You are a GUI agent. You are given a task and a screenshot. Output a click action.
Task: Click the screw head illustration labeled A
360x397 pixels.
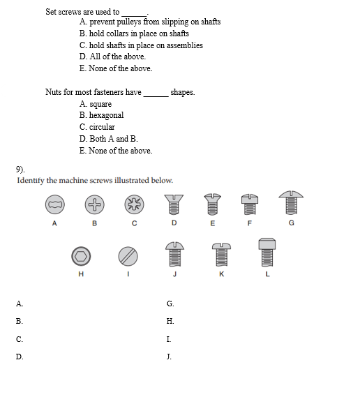coord(54,204)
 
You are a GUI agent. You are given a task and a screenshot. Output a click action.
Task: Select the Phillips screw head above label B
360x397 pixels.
coord(94,204)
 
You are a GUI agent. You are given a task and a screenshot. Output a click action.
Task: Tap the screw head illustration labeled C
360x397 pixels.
coord(134,204)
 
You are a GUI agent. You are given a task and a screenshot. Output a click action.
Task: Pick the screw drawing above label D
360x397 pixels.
coord(174,204)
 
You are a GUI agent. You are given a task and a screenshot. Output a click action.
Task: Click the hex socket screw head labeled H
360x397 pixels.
coord(81,256)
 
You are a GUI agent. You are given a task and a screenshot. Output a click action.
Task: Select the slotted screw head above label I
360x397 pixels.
coord(127,256)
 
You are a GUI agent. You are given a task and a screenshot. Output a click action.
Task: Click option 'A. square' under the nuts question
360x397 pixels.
coord(96,104)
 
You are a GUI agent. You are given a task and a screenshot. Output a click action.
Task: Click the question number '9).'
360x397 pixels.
coord(20,169)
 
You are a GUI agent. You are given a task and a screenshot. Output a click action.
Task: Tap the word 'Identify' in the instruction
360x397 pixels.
coord(31,180)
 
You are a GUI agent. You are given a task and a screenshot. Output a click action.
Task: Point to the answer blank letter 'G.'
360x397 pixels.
coord(170,304)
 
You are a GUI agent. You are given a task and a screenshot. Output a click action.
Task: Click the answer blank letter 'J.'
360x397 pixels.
coord(170,357)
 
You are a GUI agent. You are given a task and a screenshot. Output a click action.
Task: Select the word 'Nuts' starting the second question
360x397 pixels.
coord(54,92)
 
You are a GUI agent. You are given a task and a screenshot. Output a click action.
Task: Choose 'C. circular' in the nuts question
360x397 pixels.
coord(97,127)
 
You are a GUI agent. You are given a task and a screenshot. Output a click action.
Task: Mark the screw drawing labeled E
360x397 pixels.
coord(213,204)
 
